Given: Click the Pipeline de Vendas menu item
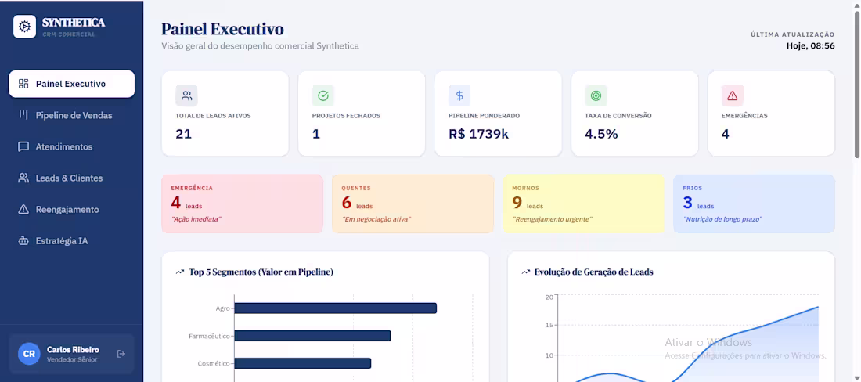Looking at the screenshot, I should (73, 115).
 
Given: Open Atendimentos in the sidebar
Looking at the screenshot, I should (63, 146).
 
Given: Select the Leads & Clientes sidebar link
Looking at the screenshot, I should (69, 178).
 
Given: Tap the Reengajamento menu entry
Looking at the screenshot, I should (67, 210).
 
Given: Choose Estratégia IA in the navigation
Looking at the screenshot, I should (61, 241).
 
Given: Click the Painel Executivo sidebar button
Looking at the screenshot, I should (70, 84).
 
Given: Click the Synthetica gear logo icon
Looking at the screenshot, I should (25, 27).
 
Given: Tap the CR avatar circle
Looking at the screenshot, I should (29, 354).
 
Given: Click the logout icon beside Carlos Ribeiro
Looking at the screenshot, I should (121, 354).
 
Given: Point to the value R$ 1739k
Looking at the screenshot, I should (478, 134).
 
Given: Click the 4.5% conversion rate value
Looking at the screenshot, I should (601, 134).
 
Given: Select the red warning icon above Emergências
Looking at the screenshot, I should (732, 95).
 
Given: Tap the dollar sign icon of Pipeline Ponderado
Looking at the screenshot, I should (459, 95).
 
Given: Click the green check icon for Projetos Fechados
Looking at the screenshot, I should (322, 95).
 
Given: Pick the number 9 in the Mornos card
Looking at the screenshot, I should (517, 203).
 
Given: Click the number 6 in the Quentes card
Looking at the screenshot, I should (347, 203).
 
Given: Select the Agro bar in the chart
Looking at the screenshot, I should (335, 308).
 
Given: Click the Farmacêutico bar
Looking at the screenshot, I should (312, 336).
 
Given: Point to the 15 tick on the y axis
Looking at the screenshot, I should (548, 325).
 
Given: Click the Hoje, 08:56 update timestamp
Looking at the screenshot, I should (810, 46).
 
